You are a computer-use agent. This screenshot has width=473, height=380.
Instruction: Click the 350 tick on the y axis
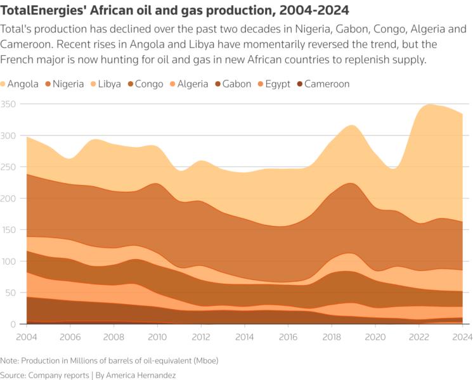point(8,104)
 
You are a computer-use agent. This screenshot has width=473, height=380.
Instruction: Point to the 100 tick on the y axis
point(8,262)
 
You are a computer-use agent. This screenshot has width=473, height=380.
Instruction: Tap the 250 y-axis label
point(8,167)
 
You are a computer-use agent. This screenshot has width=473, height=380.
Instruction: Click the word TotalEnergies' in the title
point(47,11)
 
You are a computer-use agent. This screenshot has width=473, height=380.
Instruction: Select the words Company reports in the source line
point(60,375)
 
